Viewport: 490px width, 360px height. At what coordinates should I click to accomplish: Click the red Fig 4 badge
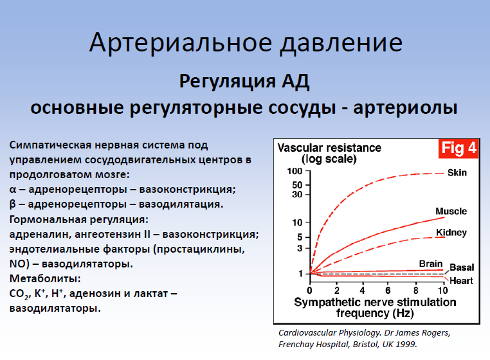[458, 148]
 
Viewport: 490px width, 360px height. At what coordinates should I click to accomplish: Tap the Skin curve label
[457, 172]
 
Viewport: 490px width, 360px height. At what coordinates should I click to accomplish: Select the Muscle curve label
[451, 212]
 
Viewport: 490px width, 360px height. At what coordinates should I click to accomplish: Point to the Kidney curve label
[451, 233]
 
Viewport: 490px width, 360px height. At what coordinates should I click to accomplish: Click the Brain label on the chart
[431, 264]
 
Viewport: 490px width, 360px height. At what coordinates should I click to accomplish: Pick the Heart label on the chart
[461, 281]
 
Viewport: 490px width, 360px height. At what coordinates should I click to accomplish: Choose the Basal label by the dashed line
[462, 267]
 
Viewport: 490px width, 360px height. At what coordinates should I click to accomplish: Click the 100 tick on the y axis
[295, 171]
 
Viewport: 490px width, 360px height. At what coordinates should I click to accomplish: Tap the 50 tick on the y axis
[297, 185]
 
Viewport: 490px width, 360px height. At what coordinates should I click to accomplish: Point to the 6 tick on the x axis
[388, 291]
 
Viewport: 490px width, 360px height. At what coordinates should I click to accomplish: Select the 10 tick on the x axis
[442, 291]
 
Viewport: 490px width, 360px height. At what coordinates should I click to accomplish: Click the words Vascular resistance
[329, 148]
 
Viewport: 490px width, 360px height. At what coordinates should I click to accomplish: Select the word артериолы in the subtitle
[405, 108]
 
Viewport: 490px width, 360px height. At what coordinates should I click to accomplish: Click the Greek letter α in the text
[12, 190]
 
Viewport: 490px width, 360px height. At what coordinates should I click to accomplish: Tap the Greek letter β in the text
[12, 204]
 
